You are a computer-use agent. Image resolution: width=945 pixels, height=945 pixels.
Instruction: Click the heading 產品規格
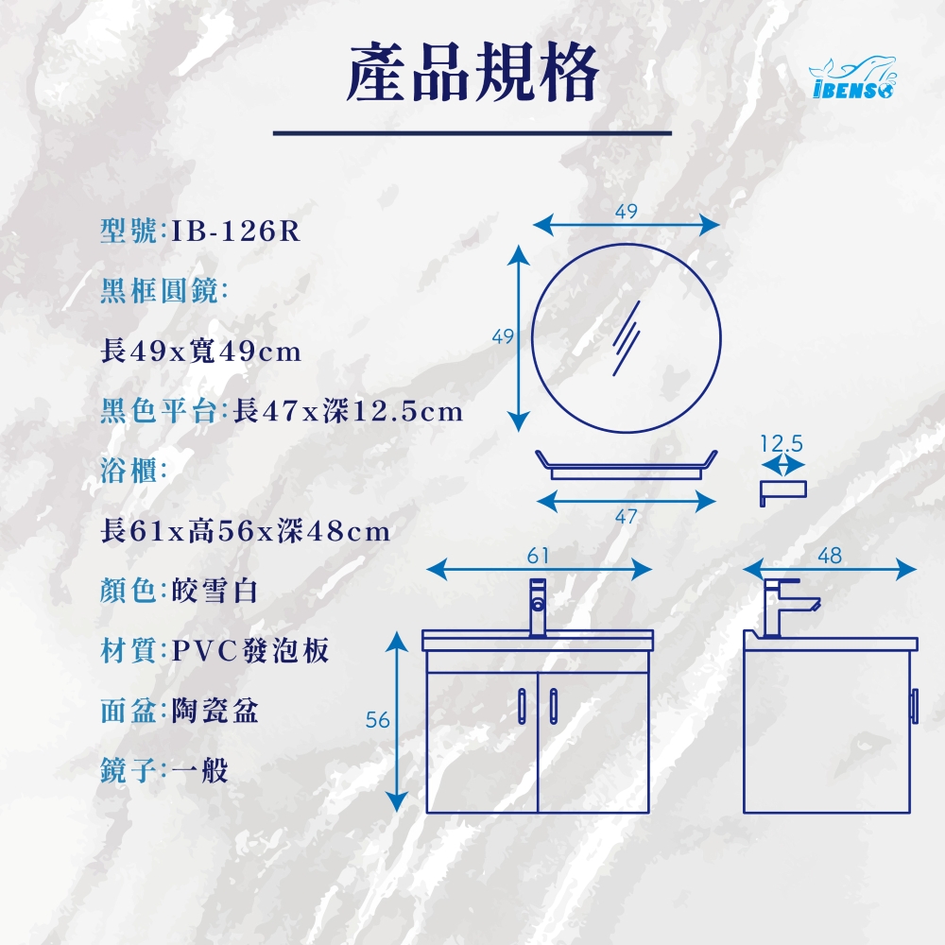[x=472, y=73]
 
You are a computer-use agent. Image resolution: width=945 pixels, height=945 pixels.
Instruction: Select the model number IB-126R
[x=235, y=231]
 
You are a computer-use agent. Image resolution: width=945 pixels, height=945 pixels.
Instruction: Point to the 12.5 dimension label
[x=782, y=443]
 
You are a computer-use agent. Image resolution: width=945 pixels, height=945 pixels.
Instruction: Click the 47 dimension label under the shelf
[x=627, y=517]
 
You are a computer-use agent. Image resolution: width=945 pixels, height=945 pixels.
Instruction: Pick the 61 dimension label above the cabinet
[x=539, y=556]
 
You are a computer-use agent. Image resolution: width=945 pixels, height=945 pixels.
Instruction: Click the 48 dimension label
[x=830, y=556]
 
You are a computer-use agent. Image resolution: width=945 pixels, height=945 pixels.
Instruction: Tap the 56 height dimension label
[x=378, y=719]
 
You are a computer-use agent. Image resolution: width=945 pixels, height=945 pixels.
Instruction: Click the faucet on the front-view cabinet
[x=538, y=607]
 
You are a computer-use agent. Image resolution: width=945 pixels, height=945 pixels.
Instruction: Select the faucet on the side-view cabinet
[x=788, y=608]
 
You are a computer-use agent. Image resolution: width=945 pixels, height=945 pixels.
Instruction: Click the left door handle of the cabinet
[x=522, y=706]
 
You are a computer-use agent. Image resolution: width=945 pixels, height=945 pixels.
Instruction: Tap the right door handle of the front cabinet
[x=554, y=706]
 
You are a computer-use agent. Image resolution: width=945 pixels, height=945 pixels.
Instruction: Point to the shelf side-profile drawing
[x=782, y=490]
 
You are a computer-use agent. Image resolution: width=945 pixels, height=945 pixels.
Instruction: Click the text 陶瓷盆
[x=215, y=711]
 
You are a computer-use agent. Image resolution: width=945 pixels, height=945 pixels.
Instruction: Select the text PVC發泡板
[x=250, y=650]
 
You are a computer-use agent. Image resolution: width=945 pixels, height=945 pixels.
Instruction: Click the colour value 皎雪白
[x=215, y=591]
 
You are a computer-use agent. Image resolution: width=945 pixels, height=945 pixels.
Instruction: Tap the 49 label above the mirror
[x=627, y=211]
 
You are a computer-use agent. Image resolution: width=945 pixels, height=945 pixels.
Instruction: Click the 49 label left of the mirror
[x=504, y=336]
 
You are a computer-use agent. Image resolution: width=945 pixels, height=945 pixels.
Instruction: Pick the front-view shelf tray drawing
[x=627, y=465]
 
